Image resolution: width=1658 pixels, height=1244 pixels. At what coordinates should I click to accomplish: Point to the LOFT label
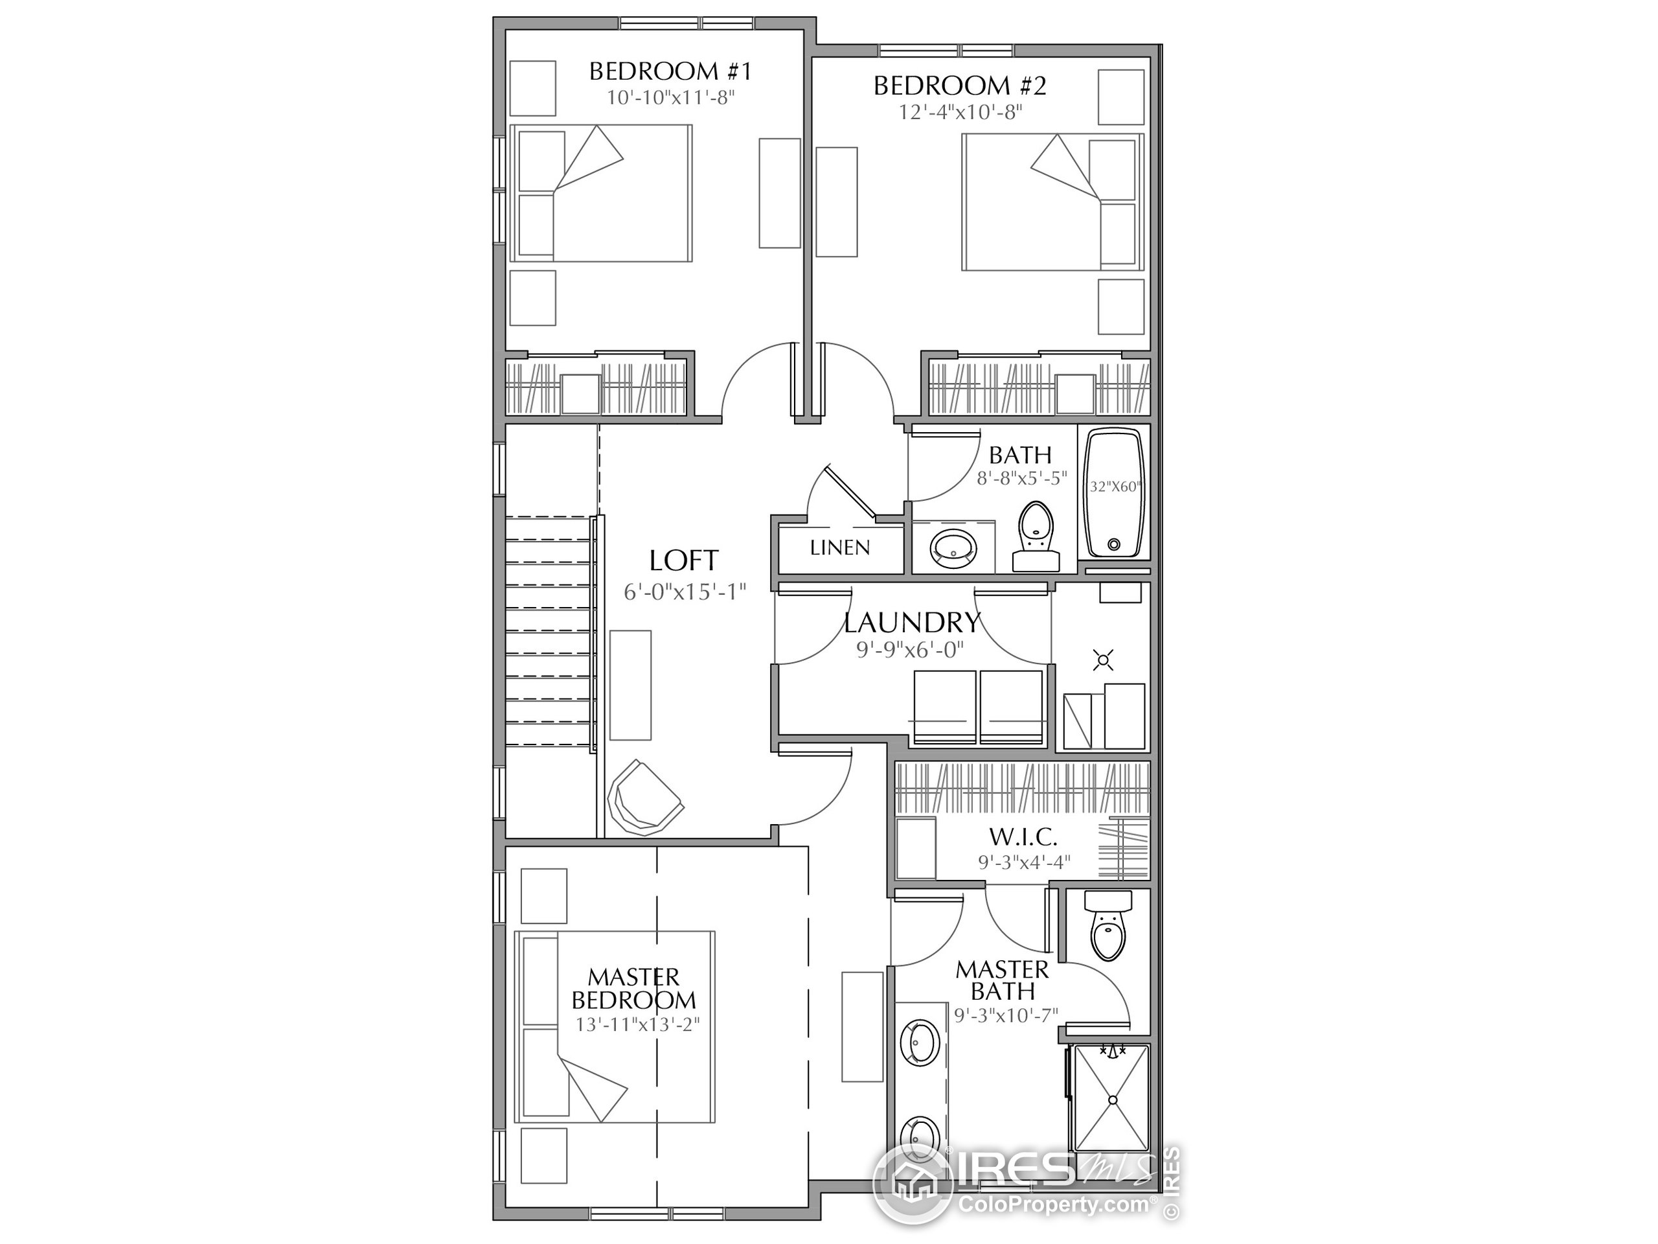tap(683, 560)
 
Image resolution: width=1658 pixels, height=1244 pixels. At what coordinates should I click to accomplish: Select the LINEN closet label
tap(839, 548)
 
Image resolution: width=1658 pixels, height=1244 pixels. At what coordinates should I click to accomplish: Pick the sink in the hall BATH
tap(953, 548)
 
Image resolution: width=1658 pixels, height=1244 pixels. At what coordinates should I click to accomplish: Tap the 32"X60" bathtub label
tap(1115, 487)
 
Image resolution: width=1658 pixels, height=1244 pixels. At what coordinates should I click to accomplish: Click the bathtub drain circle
tap(1114, 544)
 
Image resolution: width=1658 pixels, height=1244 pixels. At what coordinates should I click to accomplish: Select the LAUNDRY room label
tap(912, 623)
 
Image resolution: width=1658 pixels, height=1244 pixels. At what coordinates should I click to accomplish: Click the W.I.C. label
tap(1023, 837)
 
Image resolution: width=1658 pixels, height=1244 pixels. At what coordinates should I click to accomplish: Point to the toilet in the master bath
tap(1108, 925)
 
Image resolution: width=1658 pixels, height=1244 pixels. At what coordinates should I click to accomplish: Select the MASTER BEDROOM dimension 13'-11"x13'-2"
tap(637, 1024)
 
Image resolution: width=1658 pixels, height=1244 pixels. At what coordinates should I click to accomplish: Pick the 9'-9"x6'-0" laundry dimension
tap(910, 649)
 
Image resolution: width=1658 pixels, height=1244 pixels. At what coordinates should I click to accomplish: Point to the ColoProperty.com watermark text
tap(1053, 1205)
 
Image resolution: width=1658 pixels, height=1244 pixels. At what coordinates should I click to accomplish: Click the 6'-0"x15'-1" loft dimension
tap(685, 592)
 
